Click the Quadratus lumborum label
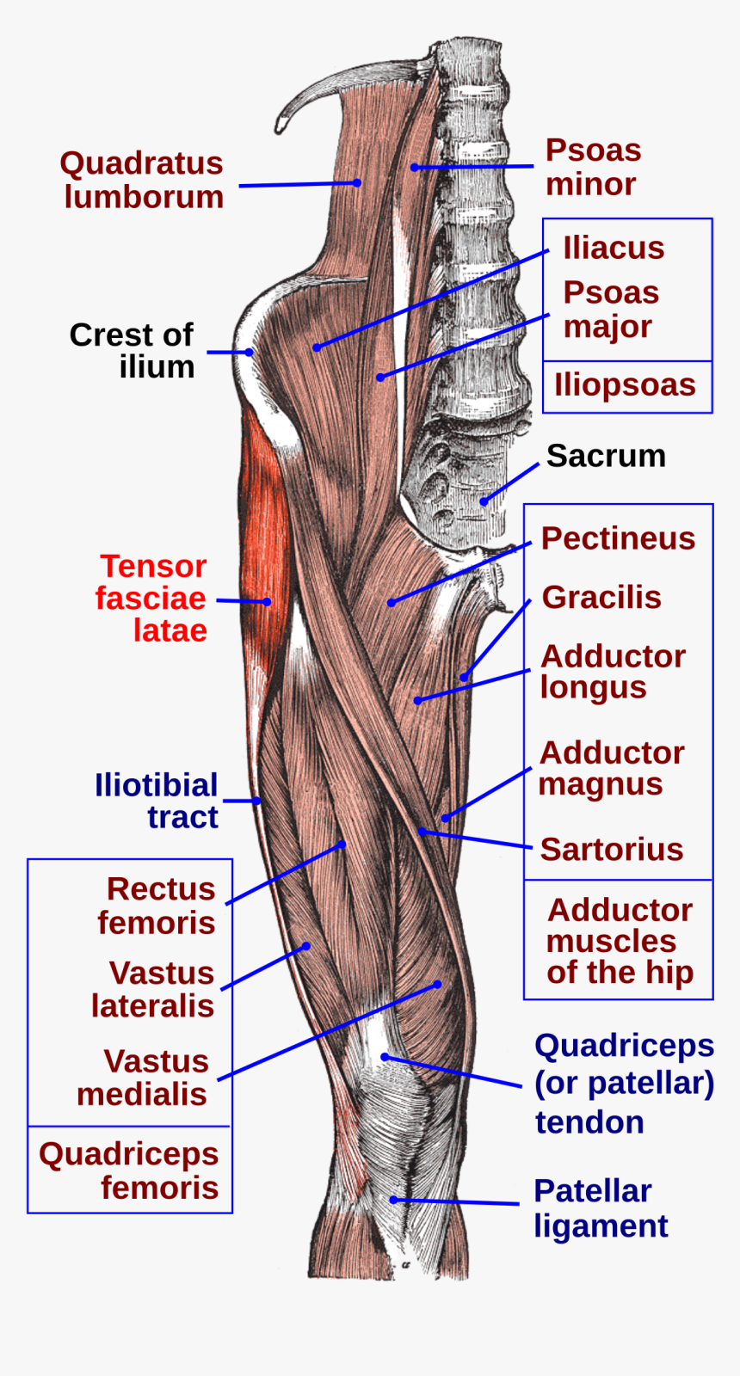pyautogui.click(x=142, y=180)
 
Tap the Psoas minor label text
pyautogui.click(x=593, y=167)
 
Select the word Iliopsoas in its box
pyautogui.click(x=625, y=384)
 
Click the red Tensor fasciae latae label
pyautogui.click(x=151, y=598)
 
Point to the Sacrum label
pyautogui.click(x=606, y=456)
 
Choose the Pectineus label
pyautogui.click(x=618, y=538)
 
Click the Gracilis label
pyautogui.click(x=601, y=597)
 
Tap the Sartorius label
pyautogui.click(x=611, y=849)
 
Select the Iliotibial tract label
pyautogui.click(x=157, y=801)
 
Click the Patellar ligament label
pyautogui.click(x=600, y=1208)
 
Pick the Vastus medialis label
pyautogui.click(x=143, y=1078)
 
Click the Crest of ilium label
pyautogui.click(x=132, y=350)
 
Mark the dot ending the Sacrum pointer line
pyautogui.click(x=484, y=501)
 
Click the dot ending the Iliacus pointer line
pyautogui.click(x=317, y=347)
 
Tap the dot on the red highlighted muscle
pyautogui.click(x=267, y=602)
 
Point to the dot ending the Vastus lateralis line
pyautogui.click(x=305, y=946)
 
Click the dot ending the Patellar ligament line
pyautogui.click(x=392, y=1200)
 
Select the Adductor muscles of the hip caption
pyautogui.click(x=620, y=941)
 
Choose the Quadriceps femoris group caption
pyautogui.click(x=129, y=1170)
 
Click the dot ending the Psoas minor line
pyautogui.click(x=414, y=167)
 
